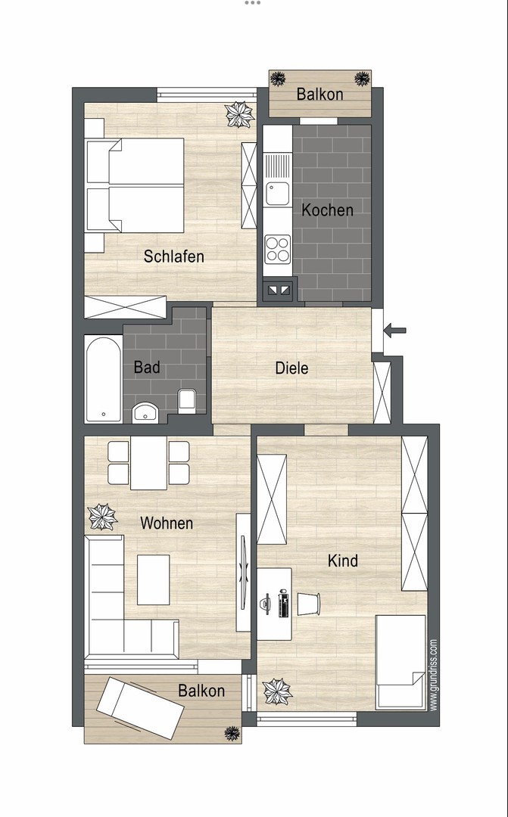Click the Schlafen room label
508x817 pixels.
173,256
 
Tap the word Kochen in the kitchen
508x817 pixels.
328,210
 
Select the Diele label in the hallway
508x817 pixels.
291,368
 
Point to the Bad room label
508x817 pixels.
147,367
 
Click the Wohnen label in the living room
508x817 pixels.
167,523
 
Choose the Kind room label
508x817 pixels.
343,561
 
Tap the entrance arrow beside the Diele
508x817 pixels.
395,330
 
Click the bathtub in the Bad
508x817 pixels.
103,379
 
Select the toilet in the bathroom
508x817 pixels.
187,401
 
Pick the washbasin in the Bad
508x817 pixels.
146,412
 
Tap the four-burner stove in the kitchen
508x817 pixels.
278,249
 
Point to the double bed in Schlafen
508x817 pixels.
135,185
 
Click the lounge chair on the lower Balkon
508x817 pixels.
141,708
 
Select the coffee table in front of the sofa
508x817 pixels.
154,580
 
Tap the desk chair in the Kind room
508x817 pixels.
308,604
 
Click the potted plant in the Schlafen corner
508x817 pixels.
239,115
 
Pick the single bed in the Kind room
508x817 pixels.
400,662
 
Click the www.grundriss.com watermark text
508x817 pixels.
433,675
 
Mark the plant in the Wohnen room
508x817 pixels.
102,517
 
